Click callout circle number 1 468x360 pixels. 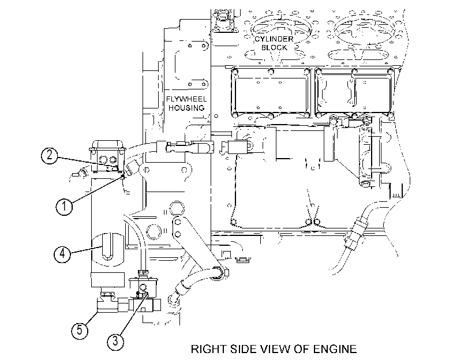[x=64, y=207]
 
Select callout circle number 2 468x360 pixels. [x=49, y=155]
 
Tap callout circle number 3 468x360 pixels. [x=115, y=340]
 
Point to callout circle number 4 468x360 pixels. [x=62, y=254]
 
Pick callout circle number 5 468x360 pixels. [x=80, y=331]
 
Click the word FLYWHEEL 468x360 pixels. [x=186, y=99]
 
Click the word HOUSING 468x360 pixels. [x=186, y=108]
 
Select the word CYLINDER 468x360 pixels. [x=274, y=39]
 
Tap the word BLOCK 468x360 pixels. [x=274, y=47]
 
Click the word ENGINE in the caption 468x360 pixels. [x=335, y=349]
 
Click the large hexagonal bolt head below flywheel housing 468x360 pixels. [x=177, y=208]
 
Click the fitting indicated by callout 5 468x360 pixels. [x=107, y=303]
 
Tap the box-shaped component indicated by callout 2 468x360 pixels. [x=107, y=156]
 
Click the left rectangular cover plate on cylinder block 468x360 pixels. [x=271, y=93]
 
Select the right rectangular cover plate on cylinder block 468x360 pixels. [x=354, y=93]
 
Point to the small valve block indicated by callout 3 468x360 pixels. [x=143, y=288]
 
